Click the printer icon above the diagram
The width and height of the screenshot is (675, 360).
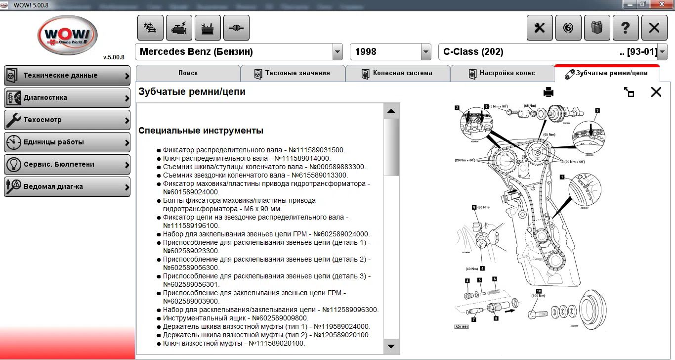(x=548, y=92)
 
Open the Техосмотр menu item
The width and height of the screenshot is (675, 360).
(x=67, y=120)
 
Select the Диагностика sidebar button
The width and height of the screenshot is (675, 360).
(x=67, y=98)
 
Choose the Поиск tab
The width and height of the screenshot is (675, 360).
(x=188, y=73)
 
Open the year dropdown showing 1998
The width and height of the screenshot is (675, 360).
(x=426, y=52)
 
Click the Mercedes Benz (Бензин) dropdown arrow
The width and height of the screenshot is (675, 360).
(x=337, y=52)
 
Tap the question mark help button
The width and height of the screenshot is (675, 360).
(x=626, y=28)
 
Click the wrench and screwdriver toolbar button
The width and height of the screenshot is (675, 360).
(x=540, y=28)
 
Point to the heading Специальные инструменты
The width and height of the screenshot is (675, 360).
(x=201, y=131)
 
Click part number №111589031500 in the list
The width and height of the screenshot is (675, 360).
(x=316, y=150)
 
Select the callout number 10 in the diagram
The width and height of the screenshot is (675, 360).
(x=539, y=291)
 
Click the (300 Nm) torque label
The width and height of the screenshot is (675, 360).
(x=538, y=296)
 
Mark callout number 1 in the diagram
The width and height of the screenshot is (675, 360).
(x=562, y=177)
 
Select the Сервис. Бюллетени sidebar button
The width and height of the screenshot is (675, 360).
(x=67, y=165)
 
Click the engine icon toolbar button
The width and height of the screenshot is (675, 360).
(x=179, y=28)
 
